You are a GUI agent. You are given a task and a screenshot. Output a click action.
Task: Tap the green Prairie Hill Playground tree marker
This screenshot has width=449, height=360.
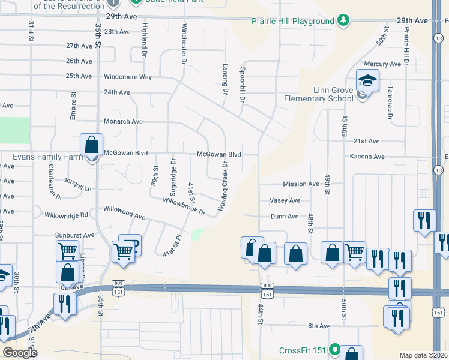343,21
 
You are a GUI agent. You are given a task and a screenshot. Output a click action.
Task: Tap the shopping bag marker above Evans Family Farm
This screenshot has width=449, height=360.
91,145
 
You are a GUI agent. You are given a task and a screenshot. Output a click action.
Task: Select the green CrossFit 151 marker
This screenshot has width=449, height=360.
334,350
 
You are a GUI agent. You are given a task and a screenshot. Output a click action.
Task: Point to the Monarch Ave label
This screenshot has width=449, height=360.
123,121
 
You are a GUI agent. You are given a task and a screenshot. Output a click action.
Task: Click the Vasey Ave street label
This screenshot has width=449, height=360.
285,200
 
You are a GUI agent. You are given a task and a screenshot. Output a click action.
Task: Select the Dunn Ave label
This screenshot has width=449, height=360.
285,217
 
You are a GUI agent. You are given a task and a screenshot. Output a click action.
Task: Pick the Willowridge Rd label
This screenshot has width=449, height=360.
66,214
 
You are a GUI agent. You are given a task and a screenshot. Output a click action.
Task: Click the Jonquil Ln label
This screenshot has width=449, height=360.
80,188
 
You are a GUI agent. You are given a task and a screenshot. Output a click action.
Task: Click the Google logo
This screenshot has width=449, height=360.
20,352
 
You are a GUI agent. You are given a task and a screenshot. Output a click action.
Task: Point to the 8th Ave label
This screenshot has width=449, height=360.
319,326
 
